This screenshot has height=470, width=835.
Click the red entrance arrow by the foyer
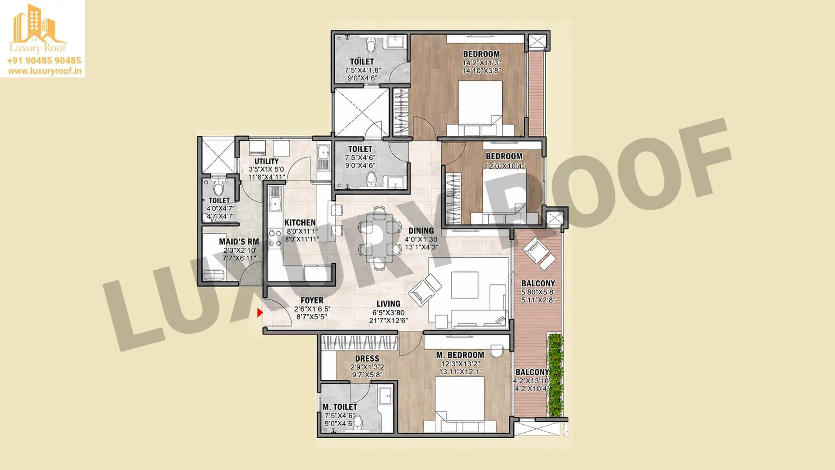(x=260, y=312)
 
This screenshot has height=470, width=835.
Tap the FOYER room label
(x=312, y=300)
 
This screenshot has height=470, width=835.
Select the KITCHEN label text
(x=300, y=222)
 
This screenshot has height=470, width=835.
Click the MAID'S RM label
(x=239, y=242)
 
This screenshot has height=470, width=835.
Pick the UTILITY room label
(x=267, y=161)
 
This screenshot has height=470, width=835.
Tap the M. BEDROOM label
(x=460, y=355)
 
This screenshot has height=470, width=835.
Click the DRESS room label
(x=367, y=359)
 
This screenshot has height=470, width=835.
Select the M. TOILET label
(x=340, y=407)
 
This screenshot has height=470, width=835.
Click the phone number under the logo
(x=44, y=60)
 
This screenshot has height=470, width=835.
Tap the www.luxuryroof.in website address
(x=44, y=71)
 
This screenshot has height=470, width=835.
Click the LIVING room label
(x=388, y=304)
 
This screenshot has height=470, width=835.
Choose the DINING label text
(x=421, y=231)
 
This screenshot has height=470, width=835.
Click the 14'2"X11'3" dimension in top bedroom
(x=481, y=63)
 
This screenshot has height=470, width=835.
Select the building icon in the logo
(x=34, y=24)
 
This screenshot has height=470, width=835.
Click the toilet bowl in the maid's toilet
(x=218, y=188)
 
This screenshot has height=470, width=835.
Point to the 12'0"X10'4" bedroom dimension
(x=504, y=166)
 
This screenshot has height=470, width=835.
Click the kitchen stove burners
(x=275, y=238)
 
